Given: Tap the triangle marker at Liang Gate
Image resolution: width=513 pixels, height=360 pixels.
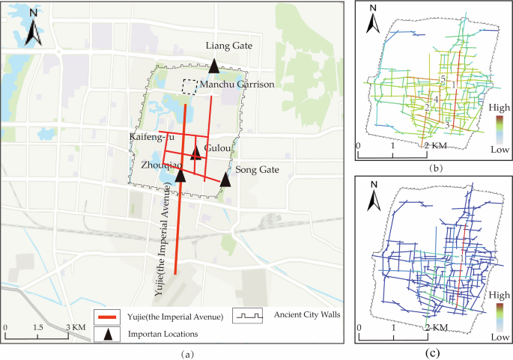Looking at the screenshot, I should pos(214,65).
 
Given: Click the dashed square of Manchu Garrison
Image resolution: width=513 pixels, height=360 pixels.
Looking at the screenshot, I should pos(190,87).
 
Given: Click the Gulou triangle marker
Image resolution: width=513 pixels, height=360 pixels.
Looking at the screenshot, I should pos(196,153).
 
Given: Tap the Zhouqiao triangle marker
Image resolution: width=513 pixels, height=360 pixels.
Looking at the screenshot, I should pos(180,175).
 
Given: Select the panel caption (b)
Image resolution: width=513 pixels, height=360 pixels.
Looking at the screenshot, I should pos(432,168).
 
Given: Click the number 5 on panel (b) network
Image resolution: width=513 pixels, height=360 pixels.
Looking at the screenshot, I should pos(443,79).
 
